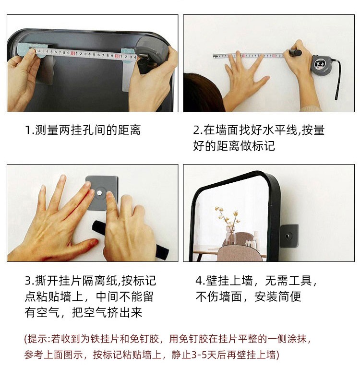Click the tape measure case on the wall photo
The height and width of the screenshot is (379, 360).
click(x=321, y=64)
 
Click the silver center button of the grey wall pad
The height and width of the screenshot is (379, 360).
click(x=99, y=193)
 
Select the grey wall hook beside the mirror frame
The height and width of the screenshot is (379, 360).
click(x=289, y=236)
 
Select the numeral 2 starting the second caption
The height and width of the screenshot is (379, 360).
click(x=197, y=130)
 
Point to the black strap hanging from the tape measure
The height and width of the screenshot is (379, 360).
click(x=337, y=77)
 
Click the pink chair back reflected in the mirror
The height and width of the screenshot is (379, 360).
click(x=240, y=253)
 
